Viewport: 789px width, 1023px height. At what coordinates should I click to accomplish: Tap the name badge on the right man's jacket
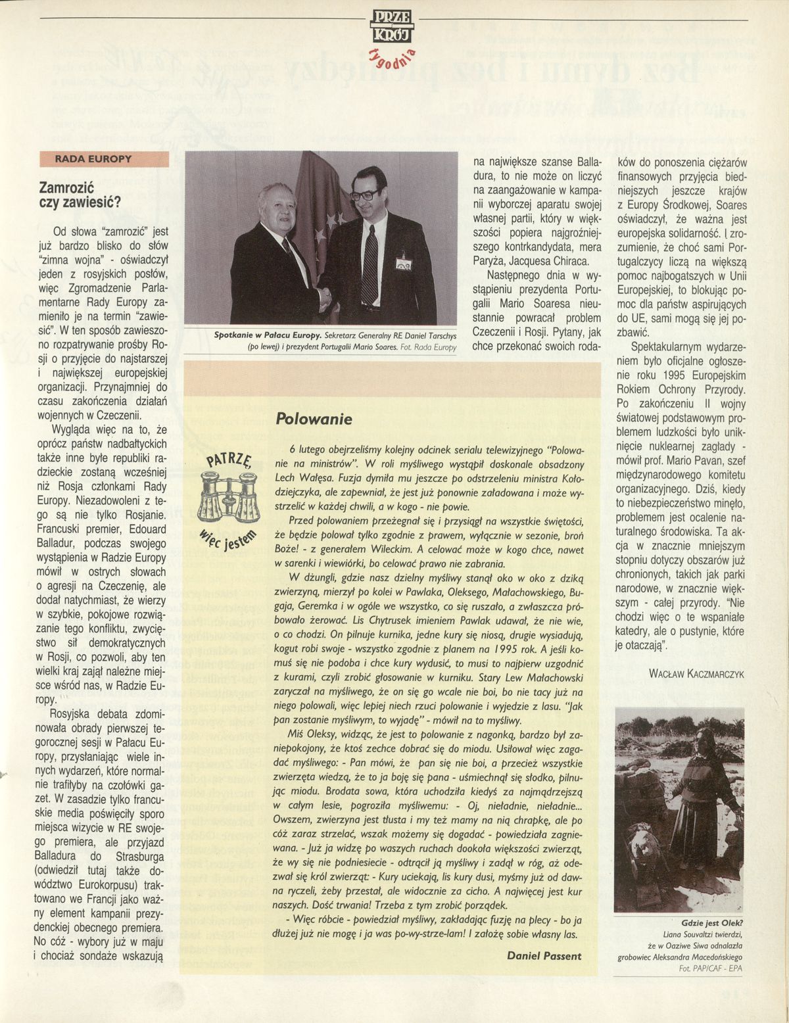coord(402,264)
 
